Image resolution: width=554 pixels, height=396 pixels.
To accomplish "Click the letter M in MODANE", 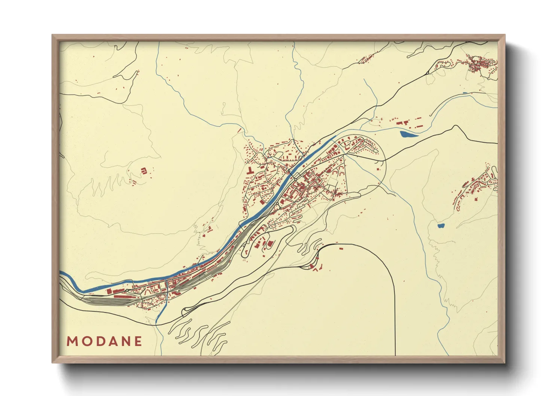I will coord(72,341).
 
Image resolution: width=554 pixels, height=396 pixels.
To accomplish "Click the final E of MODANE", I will coord(138,341).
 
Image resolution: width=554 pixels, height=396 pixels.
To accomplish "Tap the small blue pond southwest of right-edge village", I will coord(441,226).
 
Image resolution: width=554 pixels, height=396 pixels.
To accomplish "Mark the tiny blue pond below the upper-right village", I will coord(465,92).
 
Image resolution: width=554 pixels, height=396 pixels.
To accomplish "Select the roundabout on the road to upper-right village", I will coord(427,73).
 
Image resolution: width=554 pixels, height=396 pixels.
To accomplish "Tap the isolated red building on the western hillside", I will coord(143,171).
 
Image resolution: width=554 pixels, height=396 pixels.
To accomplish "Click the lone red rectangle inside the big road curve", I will coord(341,248).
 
